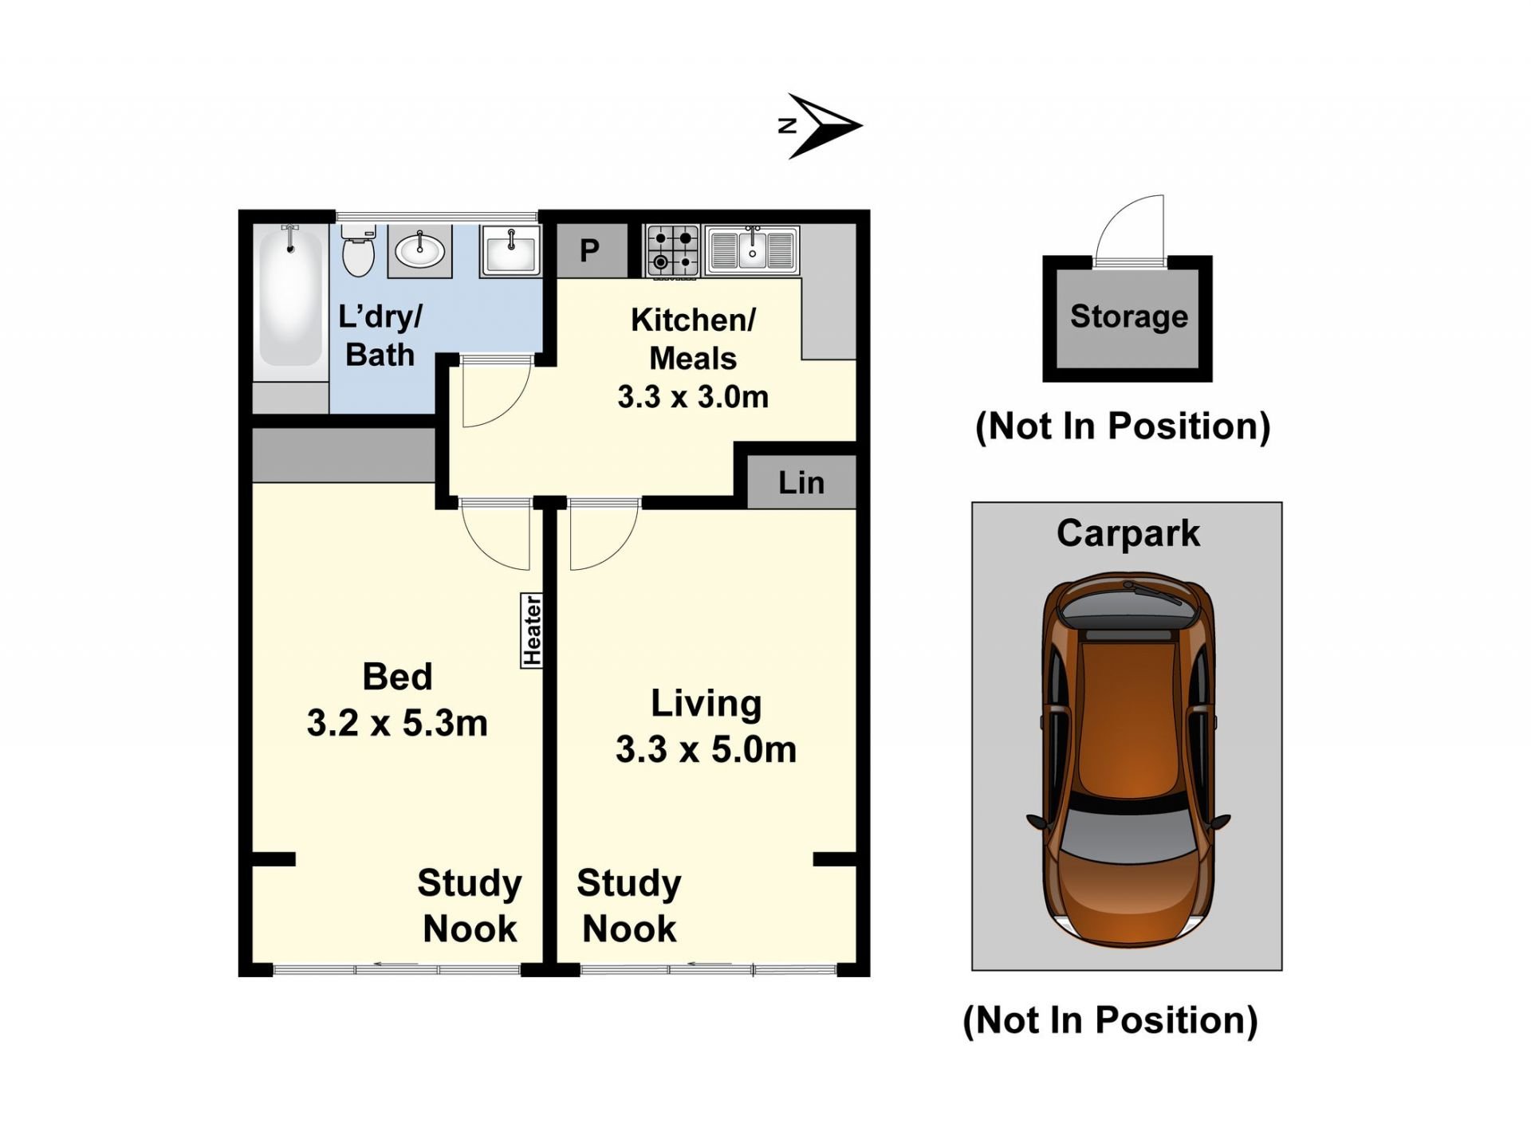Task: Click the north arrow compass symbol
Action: (821, 126)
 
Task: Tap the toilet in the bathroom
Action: (358, 250)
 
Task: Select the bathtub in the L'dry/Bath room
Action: (289, 297)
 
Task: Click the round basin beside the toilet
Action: (419, 251)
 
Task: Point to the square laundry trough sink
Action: (510, 250)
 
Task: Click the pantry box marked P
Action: (589, 250)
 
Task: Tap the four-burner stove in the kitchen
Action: (672, 251)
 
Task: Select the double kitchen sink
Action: (751, 249)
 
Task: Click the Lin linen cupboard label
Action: (801, 482)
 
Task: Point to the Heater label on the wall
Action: (532, 630)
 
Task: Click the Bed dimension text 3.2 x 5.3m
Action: (397, 723)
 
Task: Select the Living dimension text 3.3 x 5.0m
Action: (706, 749)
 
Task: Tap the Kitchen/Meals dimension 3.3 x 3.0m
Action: (693, 396)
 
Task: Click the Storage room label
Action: (1128, 316)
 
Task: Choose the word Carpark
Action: (1128, 533)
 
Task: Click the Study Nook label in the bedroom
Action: (469, 905)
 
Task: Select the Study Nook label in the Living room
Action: (629, 905)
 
